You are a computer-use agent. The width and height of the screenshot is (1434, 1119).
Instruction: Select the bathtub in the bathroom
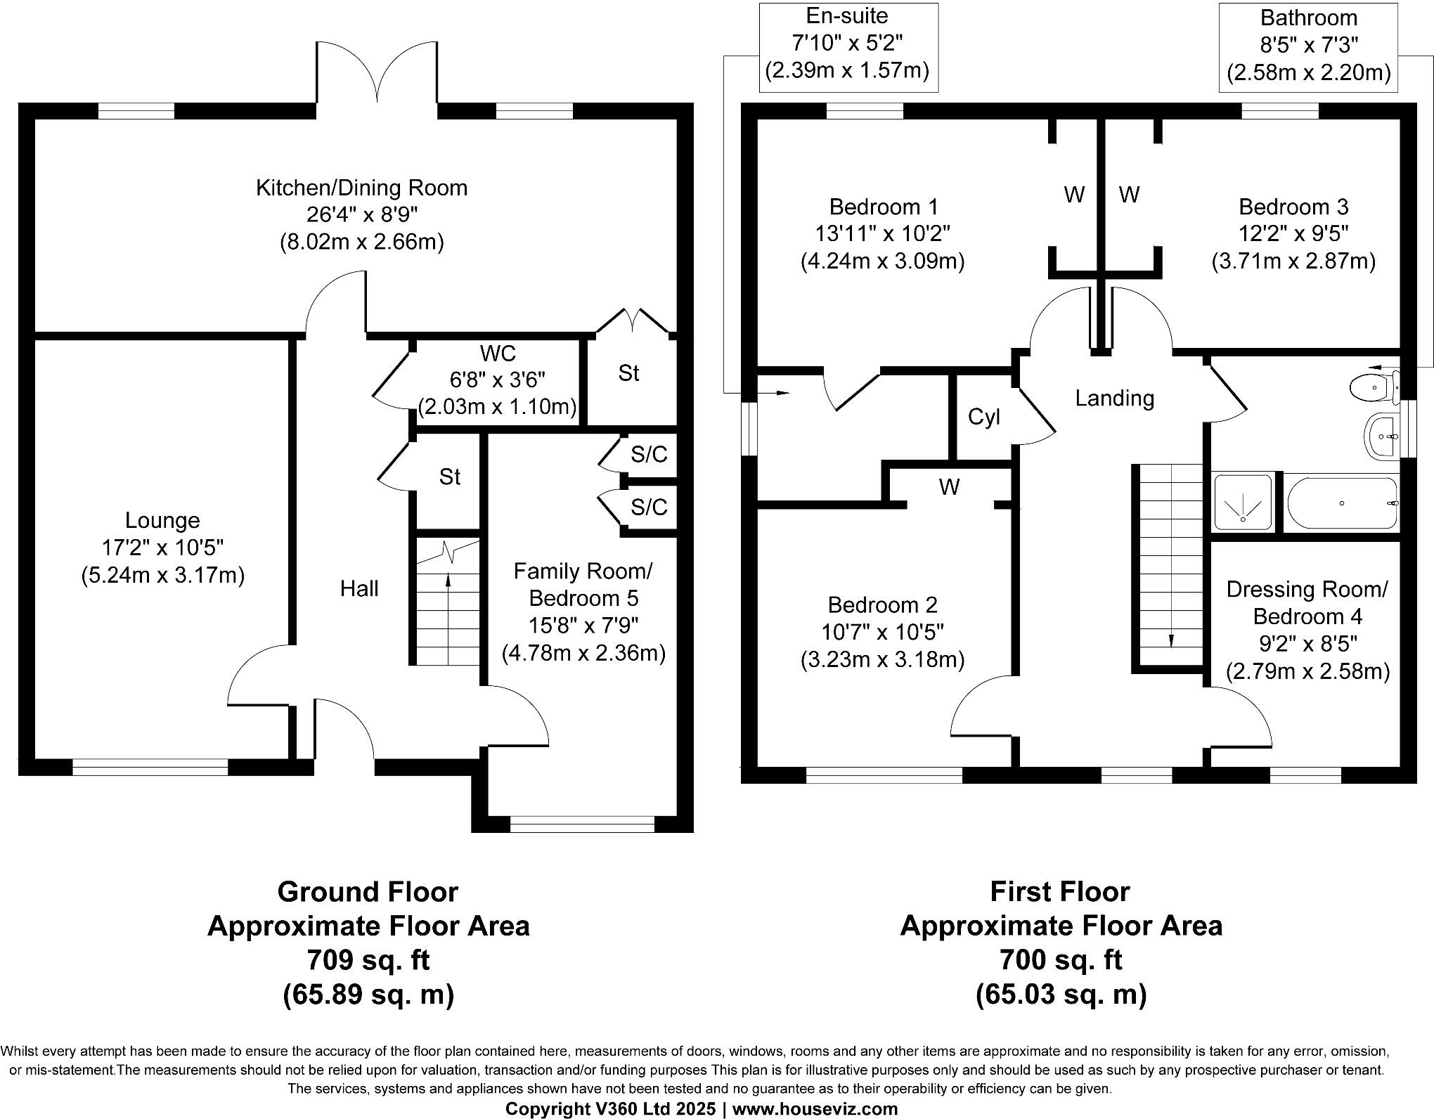1341,503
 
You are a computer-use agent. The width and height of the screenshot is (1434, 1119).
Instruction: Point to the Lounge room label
162,521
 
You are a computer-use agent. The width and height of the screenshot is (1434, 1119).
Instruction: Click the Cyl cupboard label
983,418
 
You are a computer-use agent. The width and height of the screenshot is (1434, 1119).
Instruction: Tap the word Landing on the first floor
1114,399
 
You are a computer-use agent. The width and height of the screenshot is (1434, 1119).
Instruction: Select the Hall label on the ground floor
359,588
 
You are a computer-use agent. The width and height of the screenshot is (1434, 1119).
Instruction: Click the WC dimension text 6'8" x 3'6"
497,380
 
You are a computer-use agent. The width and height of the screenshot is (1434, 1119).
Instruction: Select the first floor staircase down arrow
1170,604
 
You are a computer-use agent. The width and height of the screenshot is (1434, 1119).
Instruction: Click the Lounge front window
150,767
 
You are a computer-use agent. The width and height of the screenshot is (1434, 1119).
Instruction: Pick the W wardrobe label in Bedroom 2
948,487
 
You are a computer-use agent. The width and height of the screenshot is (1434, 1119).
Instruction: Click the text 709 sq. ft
368,959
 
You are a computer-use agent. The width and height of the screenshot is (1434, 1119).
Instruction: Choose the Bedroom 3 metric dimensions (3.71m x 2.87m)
1293,261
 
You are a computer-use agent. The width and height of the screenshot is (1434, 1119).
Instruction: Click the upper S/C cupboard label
648,455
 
